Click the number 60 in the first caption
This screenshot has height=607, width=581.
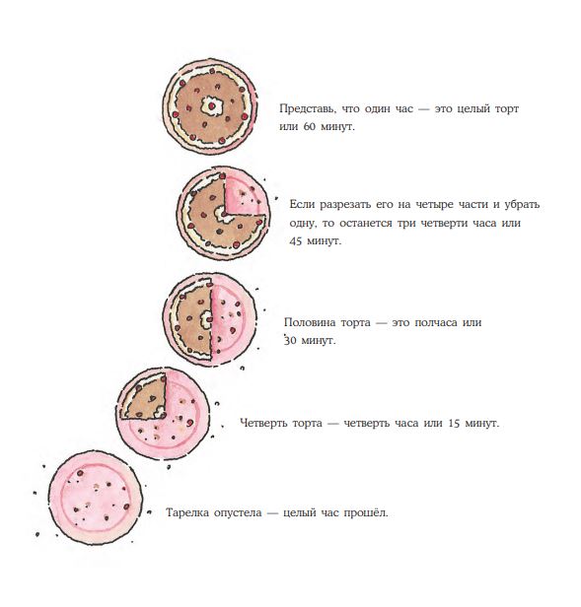tap(310, 126)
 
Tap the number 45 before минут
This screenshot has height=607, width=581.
tap(296, 240)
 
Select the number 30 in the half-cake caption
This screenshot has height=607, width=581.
tap(290, 341)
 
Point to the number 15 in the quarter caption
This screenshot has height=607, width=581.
tap(455, 423)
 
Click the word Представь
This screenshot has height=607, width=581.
tap(308, 108)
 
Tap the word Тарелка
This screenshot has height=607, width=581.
tap(186, 513)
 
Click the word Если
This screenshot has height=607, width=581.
tap(302, 204)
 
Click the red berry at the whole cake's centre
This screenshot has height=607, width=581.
tap(212, 105)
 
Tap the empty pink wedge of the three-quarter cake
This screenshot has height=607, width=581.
tap(244, 196)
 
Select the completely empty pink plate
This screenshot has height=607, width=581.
tap(95, 497)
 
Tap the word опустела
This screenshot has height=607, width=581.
tap(238, 513)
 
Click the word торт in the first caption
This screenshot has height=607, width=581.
tap(507, 108)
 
